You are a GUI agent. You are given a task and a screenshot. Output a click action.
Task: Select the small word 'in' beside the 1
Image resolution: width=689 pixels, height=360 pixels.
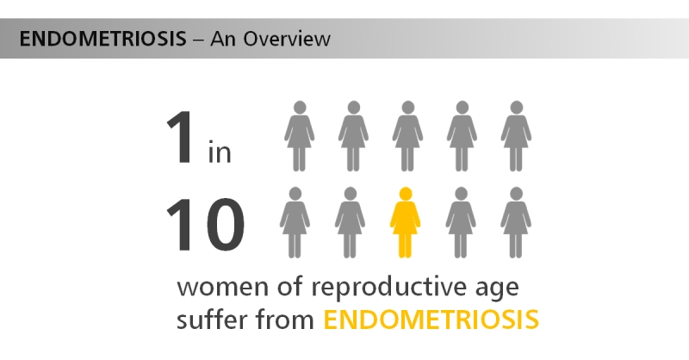[x=220, y=153]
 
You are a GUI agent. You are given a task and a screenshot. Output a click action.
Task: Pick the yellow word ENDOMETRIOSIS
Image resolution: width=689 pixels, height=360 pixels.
[x=431, y=320]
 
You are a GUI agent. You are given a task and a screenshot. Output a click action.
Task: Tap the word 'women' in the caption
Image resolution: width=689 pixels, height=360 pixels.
[x=213, y=286]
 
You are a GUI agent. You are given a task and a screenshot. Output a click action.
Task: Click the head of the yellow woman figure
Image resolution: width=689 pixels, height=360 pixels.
[x=405, y=193]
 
